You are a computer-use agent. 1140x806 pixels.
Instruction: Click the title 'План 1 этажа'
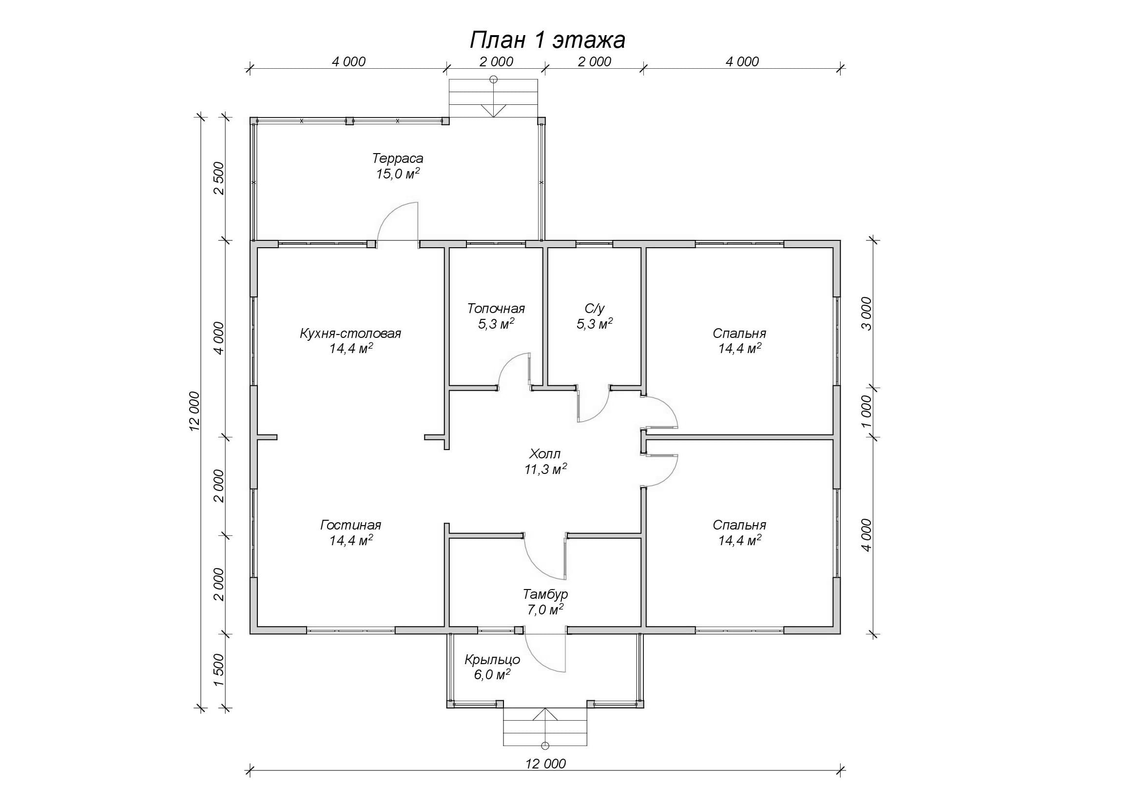pos(547,39)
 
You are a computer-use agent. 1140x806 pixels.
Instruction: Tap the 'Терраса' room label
pos(398,158)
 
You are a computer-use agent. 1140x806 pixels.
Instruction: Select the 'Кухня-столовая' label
pos(350,333)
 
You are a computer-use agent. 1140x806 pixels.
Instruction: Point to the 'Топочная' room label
pos(496,308)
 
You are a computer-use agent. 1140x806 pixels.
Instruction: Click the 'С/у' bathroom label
pos(594,308)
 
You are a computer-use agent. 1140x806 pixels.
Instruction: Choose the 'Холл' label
pos(545,453)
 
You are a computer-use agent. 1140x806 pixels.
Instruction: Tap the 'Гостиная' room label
pos(350,525)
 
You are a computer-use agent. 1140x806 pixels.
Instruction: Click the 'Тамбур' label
pos(545,594)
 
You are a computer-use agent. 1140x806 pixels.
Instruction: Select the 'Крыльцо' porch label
pos(492,660)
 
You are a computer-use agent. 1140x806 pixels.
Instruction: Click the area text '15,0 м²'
pos(398,174)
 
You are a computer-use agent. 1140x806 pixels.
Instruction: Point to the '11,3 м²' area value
pos(545,469)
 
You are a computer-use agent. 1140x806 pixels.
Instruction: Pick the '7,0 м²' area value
pos(545,609)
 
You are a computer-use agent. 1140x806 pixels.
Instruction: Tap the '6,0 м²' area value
pos(492,675)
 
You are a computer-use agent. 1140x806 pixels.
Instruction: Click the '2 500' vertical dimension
pos(219,178)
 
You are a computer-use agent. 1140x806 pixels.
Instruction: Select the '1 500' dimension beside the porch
pos(219,670)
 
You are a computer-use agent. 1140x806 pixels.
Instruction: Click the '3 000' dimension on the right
pos(866,314)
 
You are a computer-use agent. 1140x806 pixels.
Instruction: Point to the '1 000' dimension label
pos(866,411)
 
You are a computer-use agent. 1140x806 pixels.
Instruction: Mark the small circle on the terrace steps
pos(493,79)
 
